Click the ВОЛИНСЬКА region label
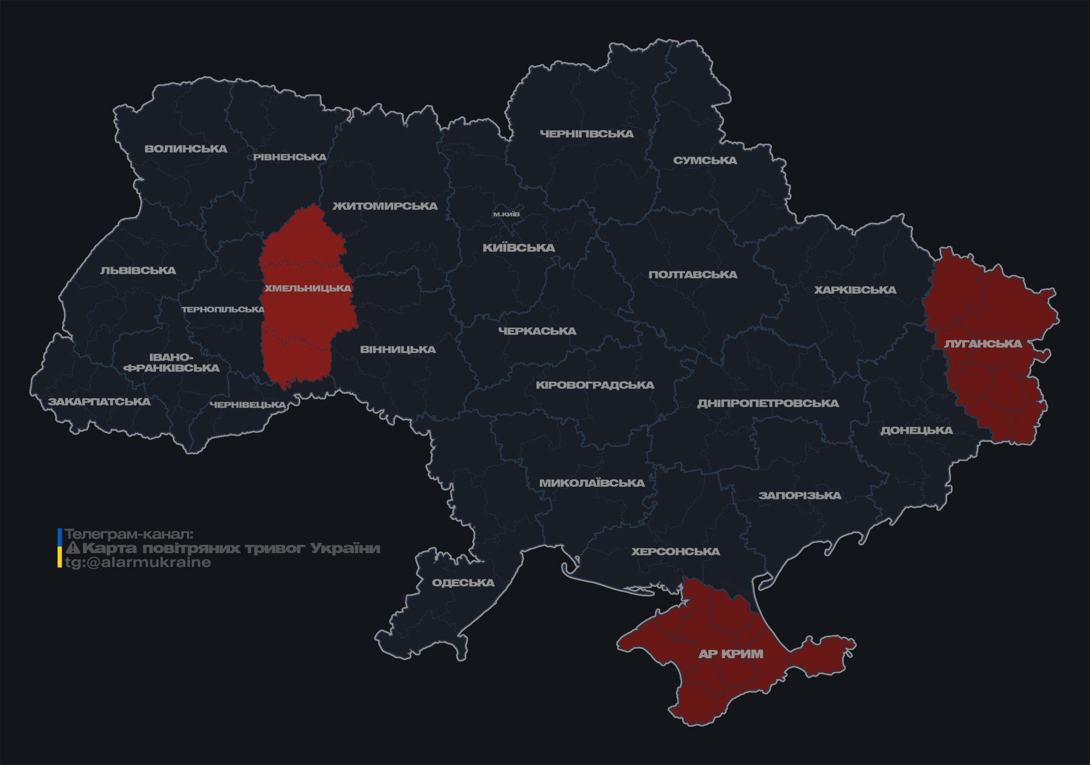pos(186,149)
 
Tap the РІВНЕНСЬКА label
pos(290,157)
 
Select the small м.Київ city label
pos(506,214)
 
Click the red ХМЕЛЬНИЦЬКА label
pos(307,288)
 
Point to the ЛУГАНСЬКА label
pos(983,344)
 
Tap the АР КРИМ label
pos(731,654)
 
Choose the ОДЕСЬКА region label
pos(463,582)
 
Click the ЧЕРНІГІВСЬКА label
pos(586,134)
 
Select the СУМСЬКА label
pos(705,160)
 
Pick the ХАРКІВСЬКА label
pos(855,290)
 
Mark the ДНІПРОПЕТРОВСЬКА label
pos(768,403)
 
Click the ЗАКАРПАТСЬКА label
pos(99,402)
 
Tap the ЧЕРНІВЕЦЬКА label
pos(247,405)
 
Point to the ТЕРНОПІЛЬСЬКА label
pos(223,309)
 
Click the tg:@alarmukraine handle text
pos(138,563)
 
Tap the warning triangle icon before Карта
pos(72,549)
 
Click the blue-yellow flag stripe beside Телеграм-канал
pos(60,548)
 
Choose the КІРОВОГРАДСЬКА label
pos(594,385)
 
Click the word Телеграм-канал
pos(129,534)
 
